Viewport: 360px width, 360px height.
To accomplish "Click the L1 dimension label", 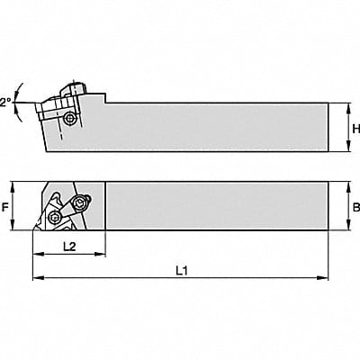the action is coord(182,271).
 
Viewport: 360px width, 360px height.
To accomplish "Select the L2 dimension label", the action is coord(69,247).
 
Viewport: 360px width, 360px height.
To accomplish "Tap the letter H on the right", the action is coord(356,129).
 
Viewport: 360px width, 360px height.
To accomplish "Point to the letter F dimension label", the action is coord(4,207).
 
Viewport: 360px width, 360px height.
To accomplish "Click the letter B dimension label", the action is coord(356,207).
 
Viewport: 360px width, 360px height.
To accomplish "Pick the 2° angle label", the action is coord(5,103).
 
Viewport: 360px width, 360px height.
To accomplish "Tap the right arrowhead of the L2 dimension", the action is coord(100,255).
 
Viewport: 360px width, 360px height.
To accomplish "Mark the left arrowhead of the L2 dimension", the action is coord(38,255).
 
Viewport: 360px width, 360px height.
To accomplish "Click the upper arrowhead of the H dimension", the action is coord(348,108).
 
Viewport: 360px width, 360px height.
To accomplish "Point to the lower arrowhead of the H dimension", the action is coord(348,146).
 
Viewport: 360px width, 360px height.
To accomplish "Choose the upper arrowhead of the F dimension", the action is coord(13,187).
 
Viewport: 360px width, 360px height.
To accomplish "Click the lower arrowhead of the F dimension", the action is coord(13,225).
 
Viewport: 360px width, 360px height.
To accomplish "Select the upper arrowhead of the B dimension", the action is coord(348,187).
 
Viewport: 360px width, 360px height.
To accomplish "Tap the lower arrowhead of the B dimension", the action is coord(348,225).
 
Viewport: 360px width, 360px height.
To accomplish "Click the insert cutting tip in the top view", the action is coord(35,228).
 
